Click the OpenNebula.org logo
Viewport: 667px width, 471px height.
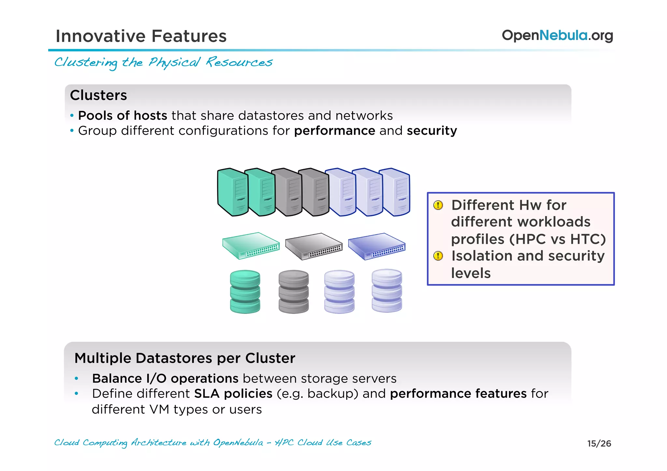[x=557, y=35]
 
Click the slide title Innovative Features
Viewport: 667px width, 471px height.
[x=141, y=36]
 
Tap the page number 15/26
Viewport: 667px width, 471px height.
[x=599, y=443]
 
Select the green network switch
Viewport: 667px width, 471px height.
[x=251, y=246]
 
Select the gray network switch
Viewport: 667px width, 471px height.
[x=314, y=246]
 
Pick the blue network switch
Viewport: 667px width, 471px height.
[x=376, y=246]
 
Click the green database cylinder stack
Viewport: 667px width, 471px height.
[x=245, y=292]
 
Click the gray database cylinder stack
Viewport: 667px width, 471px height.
[x=293, y=292]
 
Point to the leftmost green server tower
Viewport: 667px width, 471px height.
[x=232, y=192]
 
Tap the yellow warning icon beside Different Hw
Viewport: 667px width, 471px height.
[x=438, y=205]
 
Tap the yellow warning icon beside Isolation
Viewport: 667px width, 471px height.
[x=438, y=256]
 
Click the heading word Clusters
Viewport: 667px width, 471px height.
[x=98, y=95]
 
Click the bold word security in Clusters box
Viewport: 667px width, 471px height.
[x=432, y=131]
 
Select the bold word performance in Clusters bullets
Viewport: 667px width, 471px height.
[x=334, y=131]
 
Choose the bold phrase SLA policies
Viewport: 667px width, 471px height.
[x=233, y=394]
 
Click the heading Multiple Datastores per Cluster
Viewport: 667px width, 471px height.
[x=185, y=358]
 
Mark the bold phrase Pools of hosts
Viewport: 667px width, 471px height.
[x=122, y=116]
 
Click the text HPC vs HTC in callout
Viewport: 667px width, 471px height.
[x=557, y=239]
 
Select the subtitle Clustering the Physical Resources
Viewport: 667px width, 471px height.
[x=163, y=62]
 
